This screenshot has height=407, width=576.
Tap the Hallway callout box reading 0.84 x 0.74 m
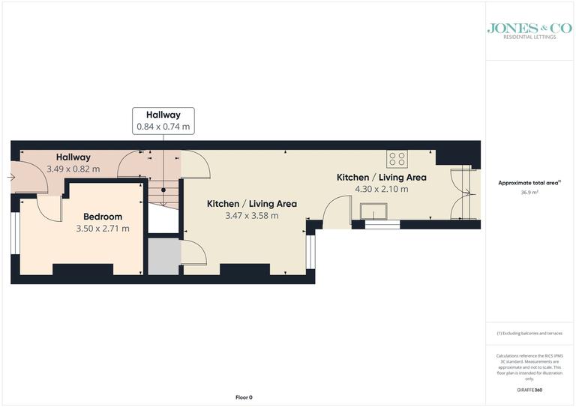[163, 121]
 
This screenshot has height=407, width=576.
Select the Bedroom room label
[103, 217]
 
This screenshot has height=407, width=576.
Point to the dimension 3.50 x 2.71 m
[103, 229]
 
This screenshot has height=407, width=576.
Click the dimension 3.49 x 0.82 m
[73, 169]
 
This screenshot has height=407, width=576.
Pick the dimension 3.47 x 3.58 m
[251, 216]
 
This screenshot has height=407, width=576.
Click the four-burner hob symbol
[397, 159]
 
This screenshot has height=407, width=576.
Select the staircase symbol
[163, 187]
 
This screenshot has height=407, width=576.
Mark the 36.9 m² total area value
[529, 192]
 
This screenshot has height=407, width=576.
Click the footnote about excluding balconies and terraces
[529, 333]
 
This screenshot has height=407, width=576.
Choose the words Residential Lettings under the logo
[529, 37]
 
